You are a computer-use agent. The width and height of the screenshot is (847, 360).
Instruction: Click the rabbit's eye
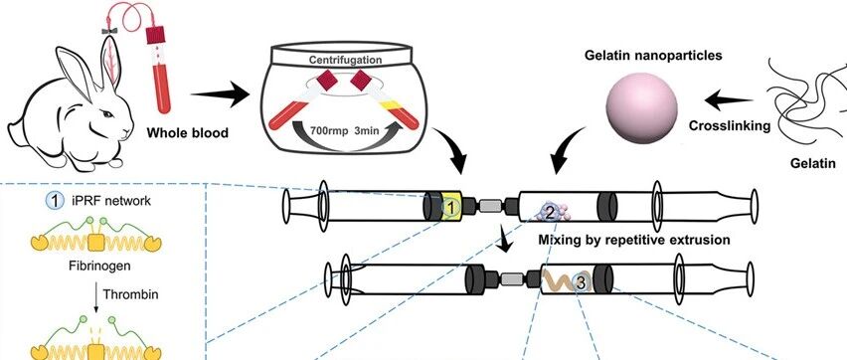(108, 114)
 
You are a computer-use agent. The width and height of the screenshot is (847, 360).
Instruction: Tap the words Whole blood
(188, 131)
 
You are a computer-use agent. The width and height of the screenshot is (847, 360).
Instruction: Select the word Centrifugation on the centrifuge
(345, 60)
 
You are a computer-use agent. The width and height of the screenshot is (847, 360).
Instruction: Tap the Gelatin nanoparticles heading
(653, 56)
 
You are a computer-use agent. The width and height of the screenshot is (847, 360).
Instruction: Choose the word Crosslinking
(730, 125)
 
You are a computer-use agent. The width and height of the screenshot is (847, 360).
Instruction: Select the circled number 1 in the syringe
(450, 206)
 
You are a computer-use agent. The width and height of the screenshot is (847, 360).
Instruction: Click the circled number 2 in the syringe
(550, 213)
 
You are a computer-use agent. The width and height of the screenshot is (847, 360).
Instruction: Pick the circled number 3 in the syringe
(582, 281)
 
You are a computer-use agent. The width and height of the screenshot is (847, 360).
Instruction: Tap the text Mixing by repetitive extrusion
(633, 239)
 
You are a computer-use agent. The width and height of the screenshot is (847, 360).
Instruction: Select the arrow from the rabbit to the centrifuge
(221, 95)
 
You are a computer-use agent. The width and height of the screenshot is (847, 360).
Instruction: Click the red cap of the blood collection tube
(155, 34)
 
